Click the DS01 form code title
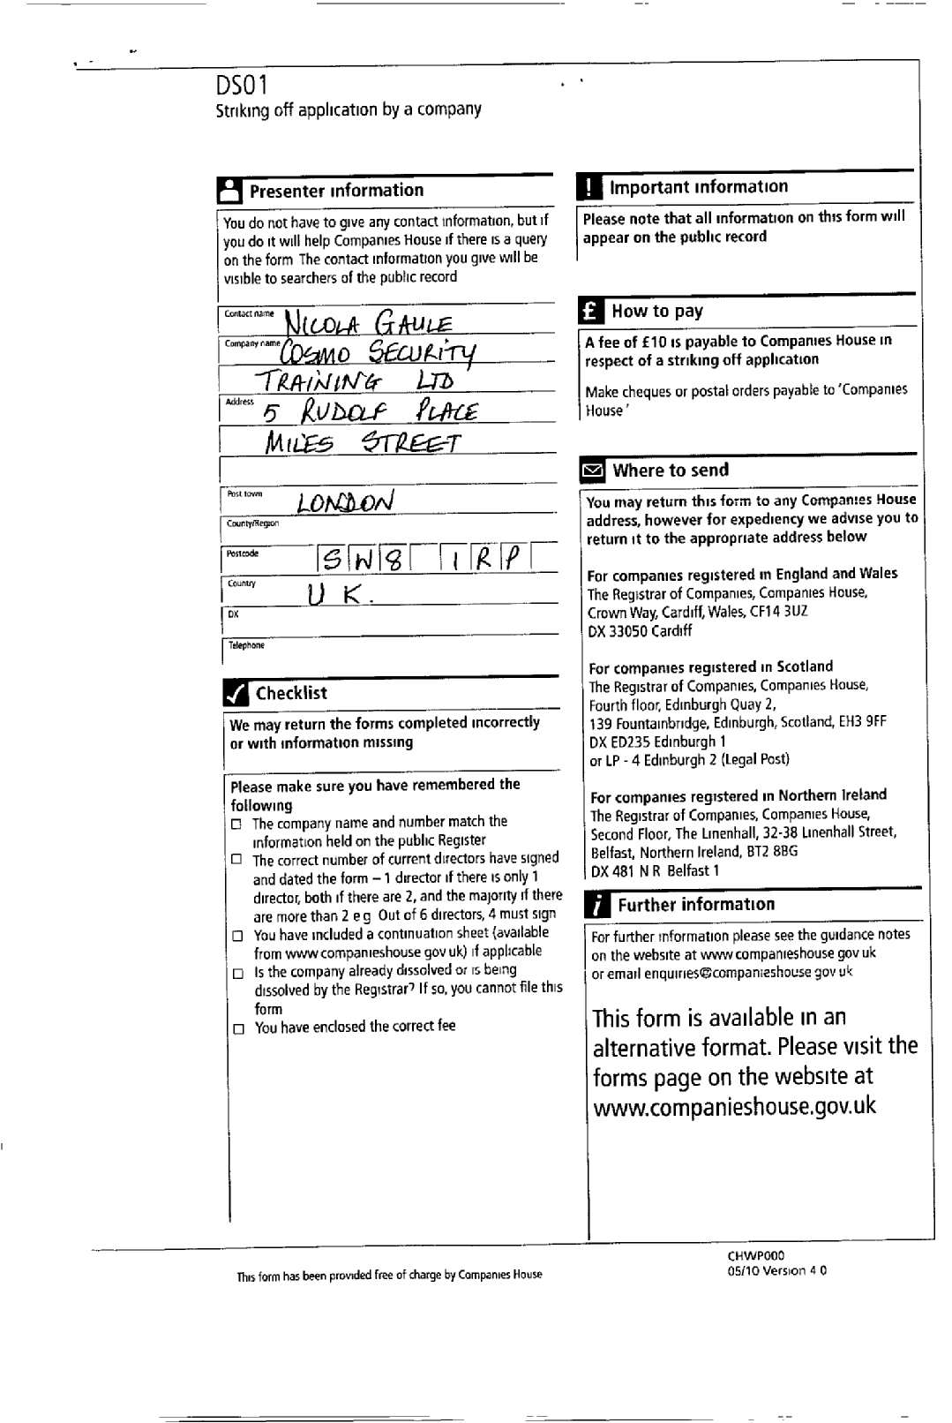pos(242,86)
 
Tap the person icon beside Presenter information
pos(229,191)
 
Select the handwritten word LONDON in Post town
pos(345,503)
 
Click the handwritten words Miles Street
pos(363,443)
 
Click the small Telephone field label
pos(246,645)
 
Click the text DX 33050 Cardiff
pos(640,631)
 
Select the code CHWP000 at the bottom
pos(755,1255)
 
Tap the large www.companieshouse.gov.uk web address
pos(734,1106)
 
